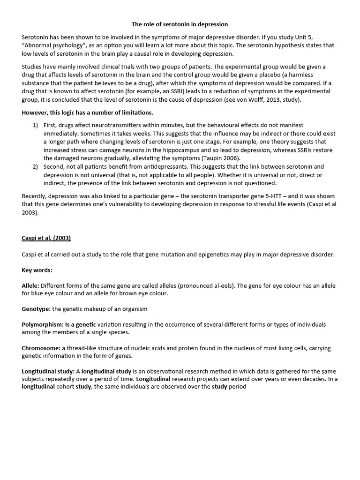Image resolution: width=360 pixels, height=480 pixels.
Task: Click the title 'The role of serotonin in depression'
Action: tap(180, 24)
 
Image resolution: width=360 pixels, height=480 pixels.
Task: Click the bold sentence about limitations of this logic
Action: tap(88, 112)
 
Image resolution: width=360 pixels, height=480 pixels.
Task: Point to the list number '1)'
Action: tap(36, 125)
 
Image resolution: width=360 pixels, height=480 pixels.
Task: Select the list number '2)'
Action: tap(36, 166)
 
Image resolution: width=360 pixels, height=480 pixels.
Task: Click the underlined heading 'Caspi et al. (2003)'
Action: tap(46, 238)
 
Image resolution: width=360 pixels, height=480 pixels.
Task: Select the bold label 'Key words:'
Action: tap(37, 270)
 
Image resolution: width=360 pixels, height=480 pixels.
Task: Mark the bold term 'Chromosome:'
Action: tap(41, 348)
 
